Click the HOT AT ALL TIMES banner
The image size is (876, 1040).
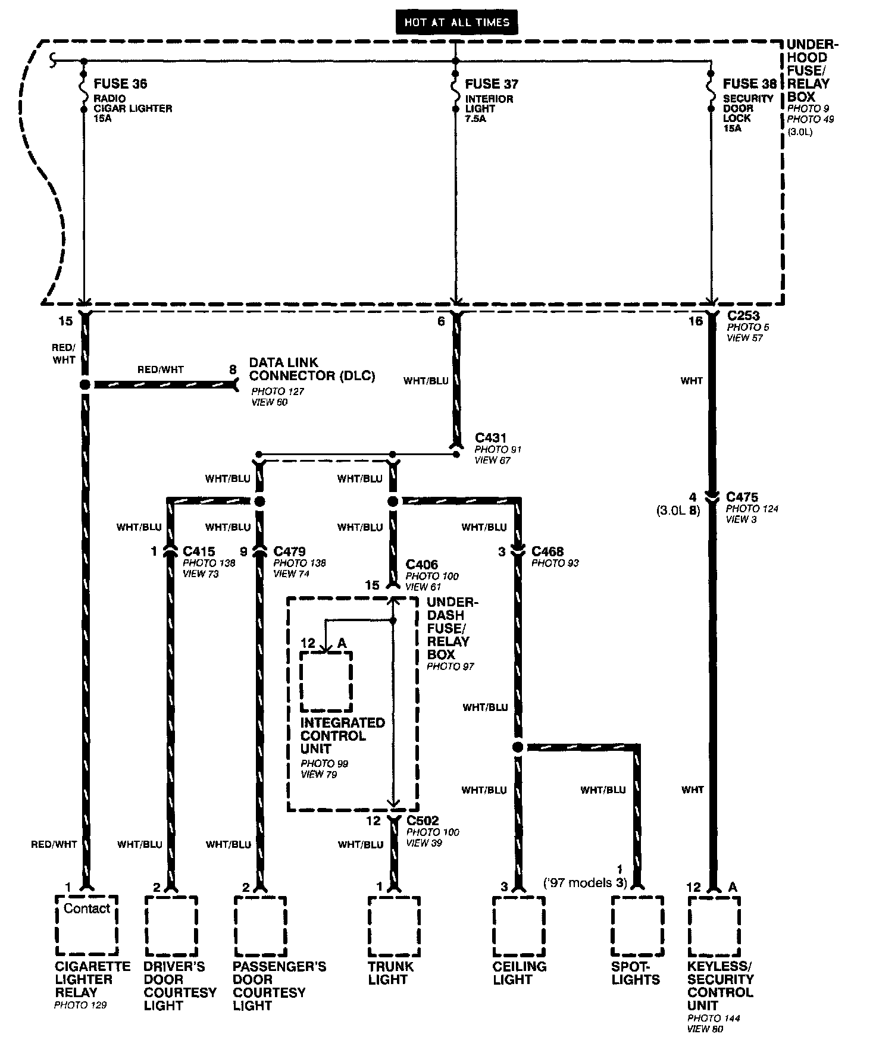coord(456,23)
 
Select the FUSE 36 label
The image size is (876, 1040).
coord(120,84)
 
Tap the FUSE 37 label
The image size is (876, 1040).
coord(492,84)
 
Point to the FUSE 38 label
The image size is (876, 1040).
coord(750,84)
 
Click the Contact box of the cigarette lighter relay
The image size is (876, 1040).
coord(87,925)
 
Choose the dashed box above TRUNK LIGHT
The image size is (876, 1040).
coord(394,926)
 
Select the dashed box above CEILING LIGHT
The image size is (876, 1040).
coord(518,926)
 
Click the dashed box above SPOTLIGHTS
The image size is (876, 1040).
coord(637,926)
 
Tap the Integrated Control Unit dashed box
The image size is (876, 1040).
coord(326,681)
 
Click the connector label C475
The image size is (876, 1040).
coord(742,497)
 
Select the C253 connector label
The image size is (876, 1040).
coord(743,316)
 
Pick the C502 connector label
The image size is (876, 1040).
coord(423,820)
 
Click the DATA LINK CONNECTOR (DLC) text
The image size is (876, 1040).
coord(312,369)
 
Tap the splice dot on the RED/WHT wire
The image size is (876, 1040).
coord(85,384)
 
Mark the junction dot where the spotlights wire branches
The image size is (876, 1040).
coord(518,747)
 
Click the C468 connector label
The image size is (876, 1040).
coord(547,552)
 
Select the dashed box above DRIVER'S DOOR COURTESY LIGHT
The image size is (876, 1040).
coord(171,926)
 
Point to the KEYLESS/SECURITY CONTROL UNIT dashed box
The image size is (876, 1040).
coord(714,926)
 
